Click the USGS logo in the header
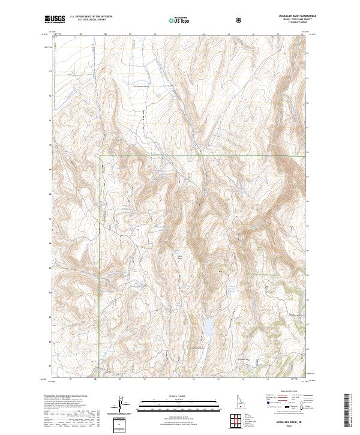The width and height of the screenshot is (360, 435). (55, 19)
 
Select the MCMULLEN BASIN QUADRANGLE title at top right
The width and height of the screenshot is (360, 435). (286, 16)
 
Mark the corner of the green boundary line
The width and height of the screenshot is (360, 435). (100, 155)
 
